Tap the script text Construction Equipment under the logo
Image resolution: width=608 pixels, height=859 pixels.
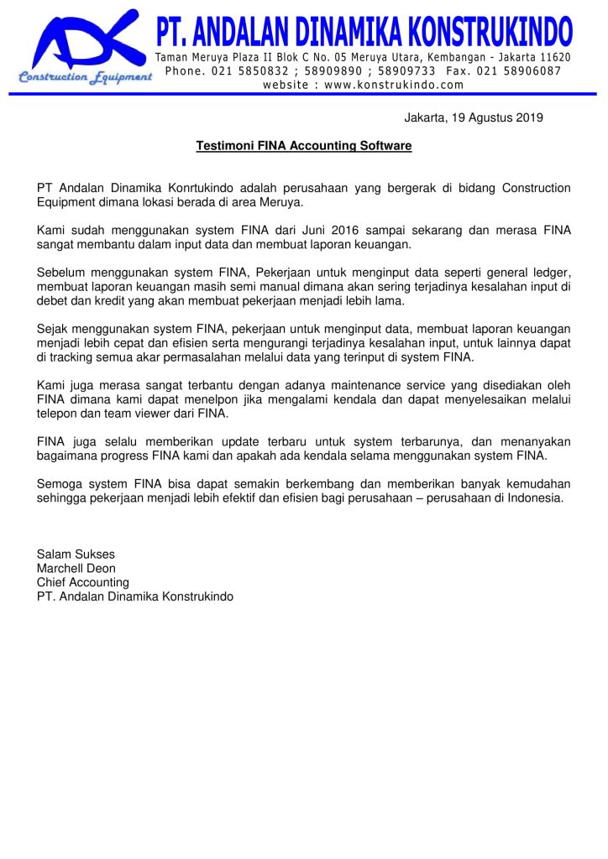pos(85,77)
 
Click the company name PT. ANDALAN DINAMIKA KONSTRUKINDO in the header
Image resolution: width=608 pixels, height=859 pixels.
pos(364,33)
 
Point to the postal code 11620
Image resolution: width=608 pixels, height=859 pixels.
pos(554,57)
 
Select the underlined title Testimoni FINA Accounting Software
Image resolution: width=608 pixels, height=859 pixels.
pos(304,146)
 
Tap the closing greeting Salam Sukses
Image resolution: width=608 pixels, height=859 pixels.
pos(76,554)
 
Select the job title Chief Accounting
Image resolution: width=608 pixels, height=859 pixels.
pos(82,582)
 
